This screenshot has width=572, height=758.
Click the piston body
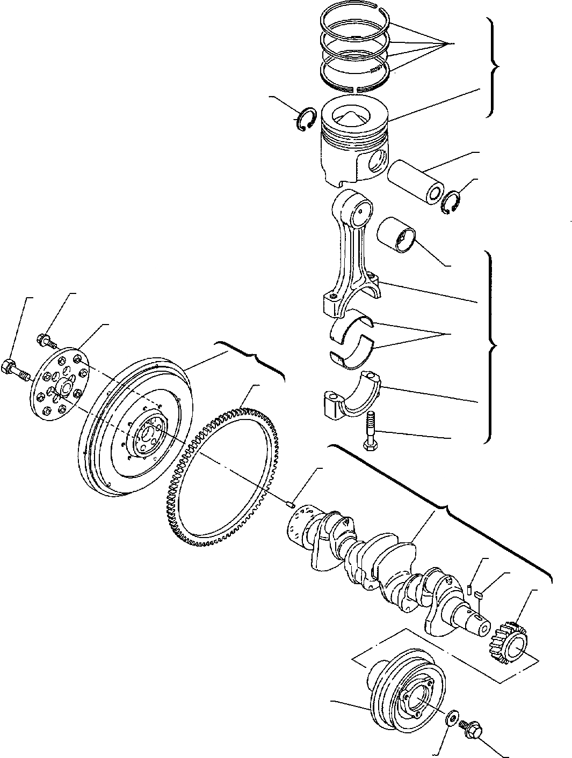352,148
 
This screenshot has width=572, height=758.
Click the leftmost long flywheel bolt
17,370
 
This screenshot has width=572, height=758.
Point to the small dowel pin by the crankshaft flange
290,503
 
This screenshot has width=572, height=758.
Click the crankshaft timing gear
510,644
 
